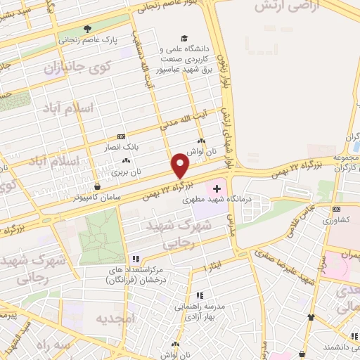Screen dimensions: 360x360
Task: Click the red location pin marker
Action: pyautogui.click(x=181, y=166)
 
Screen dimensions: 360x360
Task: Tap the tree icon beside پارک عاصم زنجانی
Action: pyautogui.click(x=87, y=30)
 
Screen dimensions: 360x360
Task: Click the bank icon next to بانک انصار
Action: pyautogui.click(x=121, y=136)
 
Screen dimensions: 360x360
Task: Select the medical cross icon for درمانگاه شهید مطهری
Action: pyautogui.click(x=217, y=188)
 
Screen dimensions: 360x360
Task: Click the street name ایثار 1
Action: pyautogui.click(x=213, y=268)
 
